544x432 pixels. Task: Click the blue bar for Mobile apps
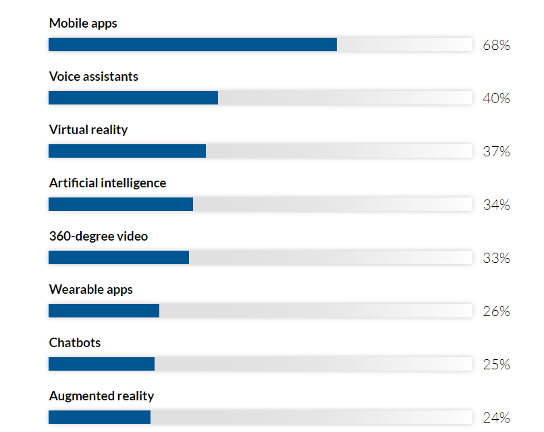tap(192, 44)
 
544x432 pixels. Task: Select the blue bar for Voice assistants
tap(133, 98)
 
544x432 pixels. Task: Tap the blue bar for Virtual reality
tap(127, 151)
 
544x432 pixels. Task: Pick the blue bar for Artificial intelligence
tap(121, 204)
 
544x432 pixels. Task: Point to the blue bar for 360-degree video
tap(119, 257)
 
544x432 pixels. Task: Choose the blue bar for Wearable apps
tap(104, 311)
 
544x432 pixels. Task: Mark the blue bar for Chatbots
tap(101, 364)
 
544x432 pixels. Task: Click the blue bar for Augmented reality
tap(99, 417)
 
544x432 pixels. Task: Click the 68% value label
tap(496, 46)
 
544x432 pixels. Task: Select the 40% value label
tap(496, 99)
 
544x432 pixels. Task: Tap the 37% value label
tap(496, 152)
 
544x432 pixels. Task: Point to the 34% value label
tap(496, 206)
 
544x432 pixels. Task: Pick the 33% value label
tap(496, 259)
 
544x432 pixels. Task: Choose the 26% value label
tap(496, 312)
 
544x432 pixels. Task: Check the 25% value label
tap(496, 365)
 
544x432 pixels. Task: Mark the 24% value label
tap(496, 419)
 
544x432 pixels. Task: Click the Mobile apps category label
tap(83, 24)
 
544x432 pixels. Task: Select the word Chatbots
tap(75, 343)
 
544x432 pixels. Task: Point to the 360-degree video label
tap(99, 237)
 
